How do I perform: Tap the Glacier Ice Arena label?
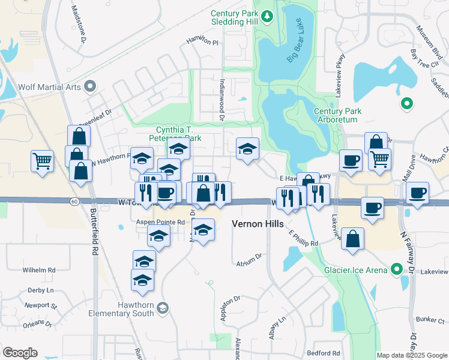point(356,270)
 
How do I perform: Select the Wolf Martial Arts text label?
point(49,87)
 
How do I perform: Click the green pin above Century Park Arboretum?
point(406,104)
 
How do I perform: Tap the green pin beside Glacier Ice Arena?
point(396,269)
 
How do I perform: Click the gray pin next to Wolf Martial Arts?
point(90,87)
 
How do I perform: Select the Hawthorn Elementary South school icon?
point(162,309)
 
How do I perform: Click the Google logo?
point(20,352)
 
